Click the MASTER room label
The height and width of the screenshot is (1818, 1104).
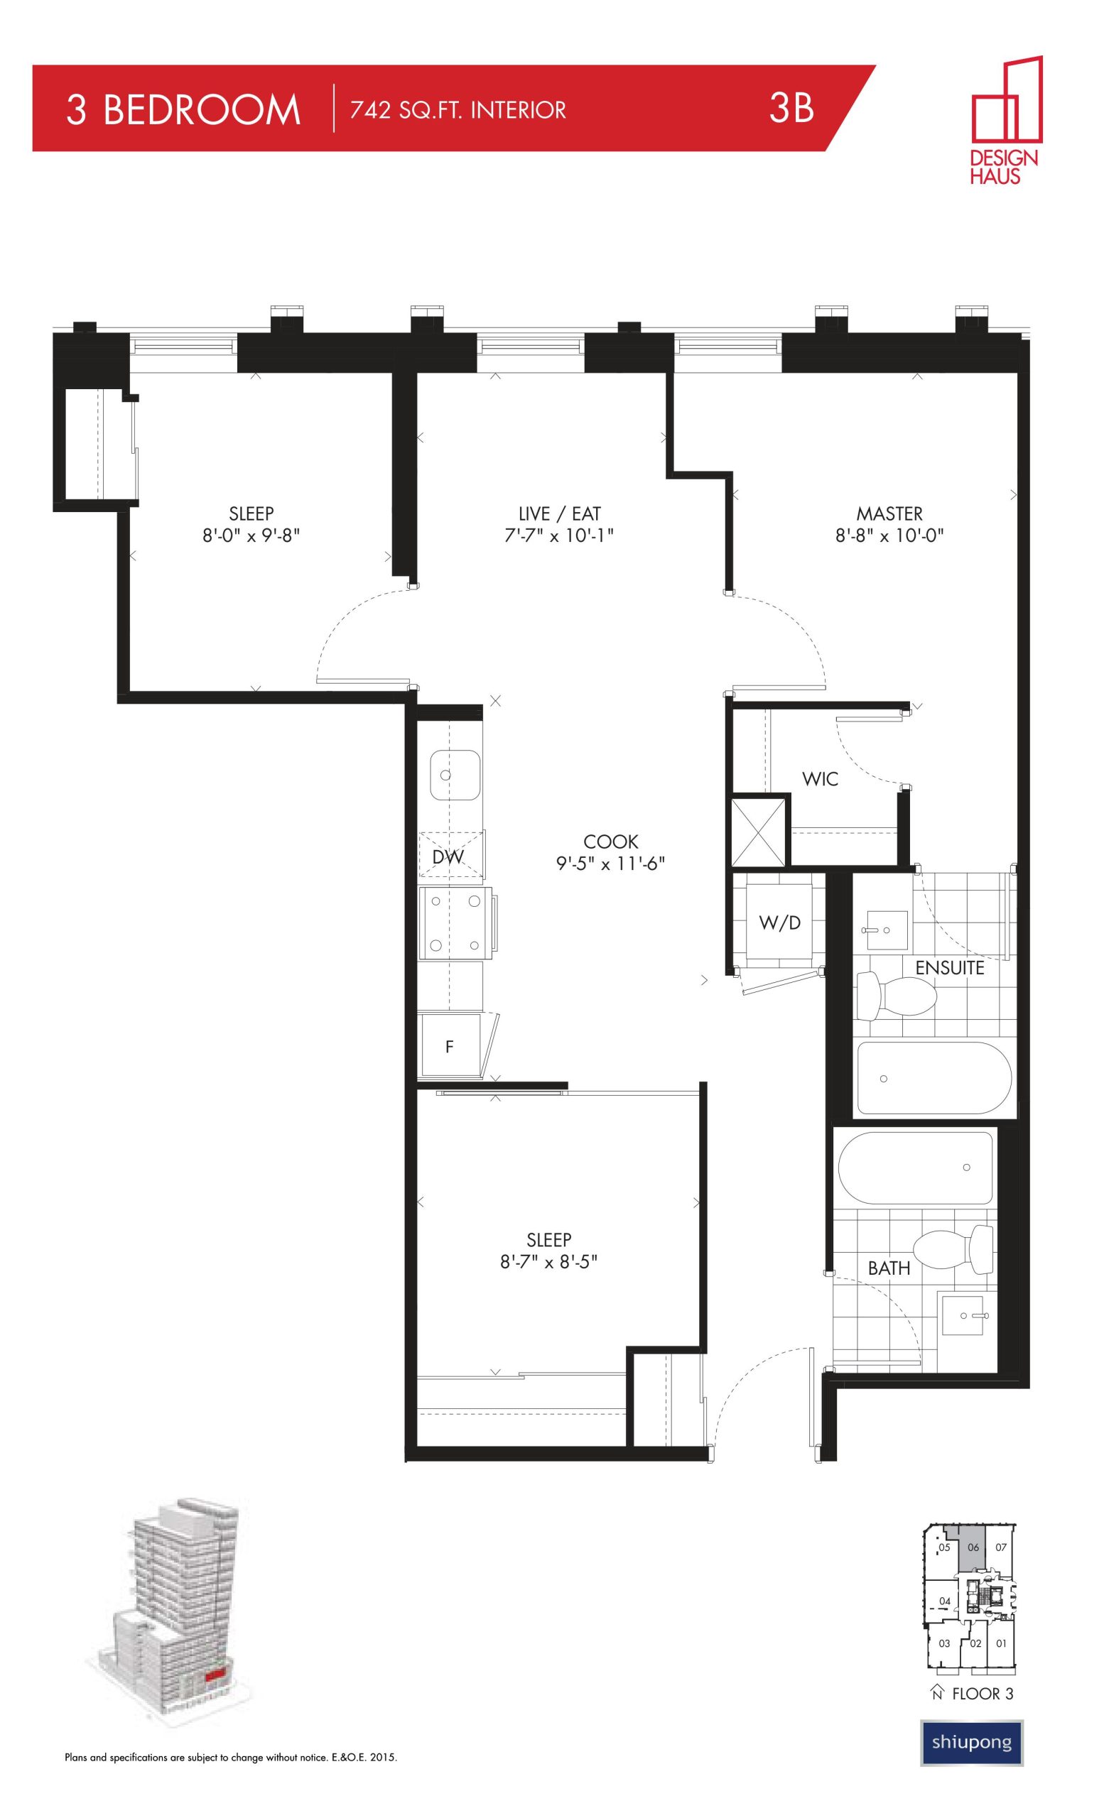(x=889, y=513)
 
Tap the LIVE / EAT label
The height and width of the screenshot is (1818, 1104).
(x=559, y=513)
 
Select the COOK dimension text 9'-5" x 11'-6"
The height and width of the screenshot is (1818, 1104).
(x=610, y=864)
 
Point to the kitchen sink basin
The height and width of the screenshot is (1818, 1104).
(x=455, y=775)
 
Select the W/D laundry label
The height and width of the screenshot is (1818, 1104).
(x=780, y=922)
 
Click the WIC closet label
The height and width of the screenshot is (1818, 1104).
(x=820, y=778)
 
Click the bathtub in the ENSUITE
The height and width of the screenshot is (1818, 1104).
(x=934, y=1077)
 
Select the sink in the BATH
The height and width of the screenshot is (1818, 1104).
(x=963, y=1315)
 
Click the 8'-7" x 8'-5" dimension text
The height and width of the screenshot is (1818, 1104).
(x=548, y=1262)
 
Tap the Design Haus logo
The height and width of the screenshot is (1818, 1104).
(x=1005, y=119)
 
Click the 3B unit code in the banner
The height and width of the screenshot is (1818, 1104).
(x=791, y=109)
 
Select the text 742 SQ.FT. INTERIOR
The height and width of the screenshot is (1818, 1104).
(x=458, y=110)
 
